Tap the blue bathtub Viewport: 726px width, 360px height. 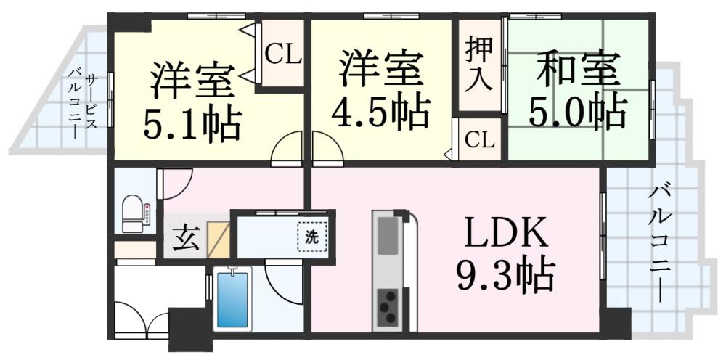pos(232,299)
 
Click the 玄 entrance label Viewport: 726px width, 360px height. pos(184,237)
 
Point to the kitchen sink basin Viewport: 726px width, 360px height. pos(388,235)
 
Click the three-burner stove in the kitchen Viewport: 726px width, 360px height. pos(388,306)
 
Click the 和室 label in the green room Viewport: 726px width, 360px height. pos(579,70)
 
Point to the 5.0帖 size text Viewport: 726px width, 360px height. pos(579,113)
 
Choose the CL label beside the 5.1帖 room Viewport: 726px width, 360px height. pos(283,55)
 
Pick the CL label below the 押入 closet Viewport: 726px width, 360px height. pos(479,140)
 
